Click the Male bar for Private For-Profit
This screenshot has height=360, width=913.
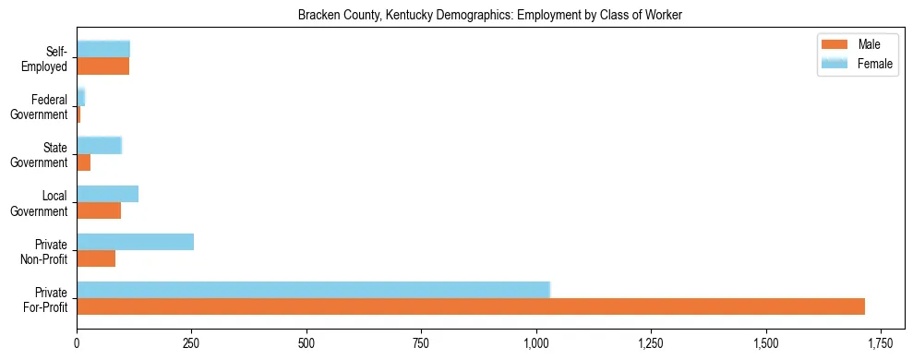point(471,306)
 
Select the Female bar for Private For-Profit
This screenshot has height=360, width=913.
point(313,290)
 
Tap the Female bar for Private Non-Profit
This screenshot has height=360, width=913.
point(135,242)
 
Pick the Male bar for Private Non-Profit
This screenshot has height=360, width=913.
point(96,258)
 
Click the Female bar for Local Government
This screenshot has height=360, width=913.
point(107,194)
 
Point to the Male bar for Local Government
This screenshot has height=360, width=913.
point(99,210)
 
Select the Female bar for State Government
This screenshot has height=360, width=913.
point(99,145)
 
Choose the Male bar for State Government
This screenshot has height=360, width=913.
point(83,162)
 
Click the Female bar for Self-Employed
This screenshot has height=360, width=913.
point(103,49)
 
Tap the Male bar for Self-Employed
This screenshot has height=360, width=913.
point(102,66)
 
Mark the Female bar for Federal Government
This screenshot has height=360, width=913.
point(80,97)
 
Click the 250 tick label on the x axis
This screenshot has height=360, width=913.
point(191,343)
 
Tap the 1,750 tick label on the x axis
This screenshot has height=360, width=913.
point(881,343)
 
